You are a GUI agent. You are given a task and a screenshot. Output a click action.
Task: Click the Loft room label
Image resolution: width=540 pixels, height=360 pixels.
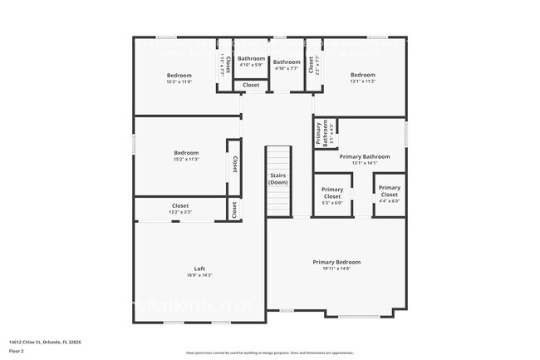tap(199, 269)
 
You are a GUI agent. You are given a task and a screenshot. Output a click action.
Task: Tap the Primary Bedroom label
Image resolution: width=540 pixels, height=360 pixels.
tap(336, 262)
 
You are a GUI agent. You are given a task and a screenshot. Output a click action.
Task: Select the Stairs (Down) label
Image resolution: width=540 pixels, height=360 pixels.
tap(277, 179)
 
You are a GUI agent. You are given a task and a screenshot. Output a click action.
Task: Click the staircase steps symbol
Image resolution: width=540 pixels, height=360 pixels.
tap(278, 200)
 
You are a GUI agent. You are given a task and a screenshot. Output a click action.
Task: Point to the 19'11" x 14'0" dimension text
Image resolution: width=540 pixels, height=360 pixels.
tap(336, 269)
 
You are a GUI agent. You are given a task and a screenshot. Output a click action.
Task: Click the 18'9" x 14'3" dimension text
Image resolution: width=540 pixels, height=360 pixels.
tap(199, 275)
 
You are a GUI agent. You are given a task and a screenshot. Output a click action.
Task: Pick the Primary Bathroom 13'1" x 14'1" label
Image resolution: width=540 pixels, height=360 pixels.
tap(364, 160)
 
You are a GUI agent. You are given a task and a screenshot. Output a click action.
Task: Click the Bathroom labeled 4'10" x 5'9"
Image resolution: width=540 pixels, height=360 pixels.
tap(251, 62)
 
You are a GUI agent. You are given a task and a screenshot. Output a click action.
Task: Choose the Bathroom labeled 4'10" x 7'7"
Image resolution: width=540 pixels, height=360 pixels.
tap(287, 65)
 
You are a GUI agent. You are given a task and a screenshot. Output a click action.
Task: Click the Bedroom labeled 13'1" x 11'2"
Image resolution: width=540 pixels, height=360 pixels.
tap(362, 78)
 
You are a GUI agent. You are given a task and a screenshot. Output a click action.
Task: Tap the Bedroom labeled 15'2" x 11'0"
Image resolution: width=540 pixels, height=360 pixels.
tap(179, 78)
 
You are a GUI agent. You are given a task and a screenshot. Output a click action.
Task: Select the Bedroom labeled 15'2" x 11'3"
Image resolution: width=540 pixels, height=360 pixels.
tap(186, 155)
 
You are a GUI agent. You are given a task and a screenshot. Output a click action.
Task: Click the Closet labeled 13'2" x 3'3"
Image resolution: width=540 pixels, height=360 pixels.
tap(180, 209)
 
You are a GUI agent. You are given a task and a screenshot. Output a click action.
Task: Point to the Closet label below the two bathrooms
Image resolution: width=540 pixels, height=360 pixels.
tap(251, 85)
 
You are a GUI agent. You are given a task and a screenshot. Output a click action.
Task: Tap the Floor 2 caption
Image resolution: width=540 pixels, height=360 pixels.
tap(17, 351)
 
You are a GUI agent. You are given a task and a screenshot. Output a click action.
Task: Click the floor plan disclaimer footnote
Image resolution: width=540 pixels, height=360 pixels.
tap(269, 352)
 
